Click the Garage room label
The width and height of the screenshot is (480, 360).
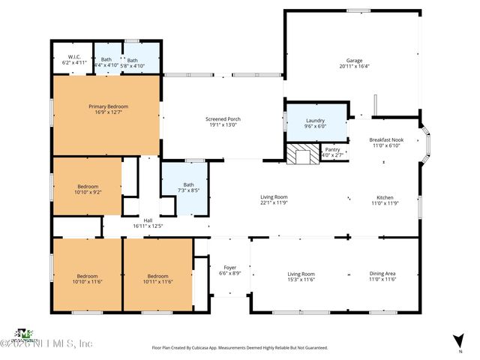(x=354, y=60)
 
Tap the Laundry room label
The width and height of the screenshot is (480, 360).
(x=315, y=121)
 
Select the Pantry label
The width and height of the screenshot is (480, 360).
(x=331, y=149)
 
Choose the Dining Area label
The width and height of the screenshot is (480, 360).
(x=382, y=274)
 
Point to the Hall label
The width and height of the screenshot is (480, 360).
(x=148, y=220)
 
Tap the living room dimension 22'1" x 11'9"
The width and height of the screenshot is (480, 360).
(x=274, y=202)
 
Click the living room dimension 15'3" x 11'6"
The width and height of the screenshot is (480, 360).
(x=301, y=279)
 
